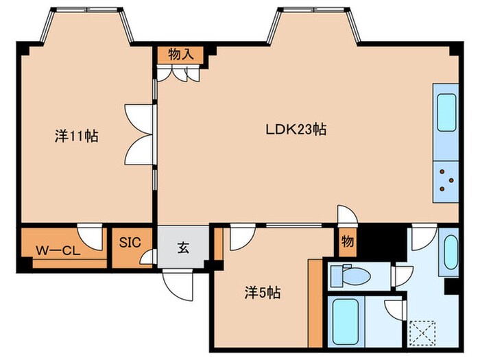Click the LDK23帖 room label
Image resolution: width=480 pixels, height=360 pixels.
[x=296, y=130]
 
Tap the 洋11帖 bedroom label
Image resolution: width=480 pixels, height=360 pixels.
[x=77, y=136]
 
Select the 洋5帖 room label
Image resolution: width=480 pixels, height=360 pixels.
[x=263, y=293]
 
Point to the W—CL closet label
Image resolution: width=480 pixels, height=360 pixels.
[x=58, y=251]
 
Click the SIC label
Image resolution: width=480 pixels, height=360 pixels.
[x=130, y=243]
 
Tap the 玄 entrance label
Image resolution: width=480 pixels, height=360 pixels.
[x=183, y=248]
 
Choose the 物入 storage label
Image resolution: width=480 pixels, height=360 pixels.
[x=181, y=55]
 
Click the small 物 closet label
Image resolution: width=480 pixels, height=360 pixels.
[x=348, y=241]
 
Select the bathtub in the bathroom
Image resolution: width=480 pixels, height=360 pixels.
[x=346, y=322]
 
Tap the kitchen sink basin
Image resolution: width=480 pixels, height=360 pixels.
[x=447, y=112]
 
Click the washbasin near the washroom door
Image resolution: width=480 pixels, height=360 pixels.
[x=451, y=252]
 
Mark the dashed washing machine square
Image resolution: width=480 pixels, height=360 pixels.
[x=422, y=332]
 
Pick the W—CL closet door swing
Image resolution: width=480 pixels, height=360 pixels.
[x=90, y=237]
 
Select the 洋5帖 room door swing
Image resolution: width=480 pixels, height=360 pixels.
[x=243, y=237]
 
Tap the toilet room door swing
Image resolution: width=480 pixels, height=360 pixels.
[x=404, y=276]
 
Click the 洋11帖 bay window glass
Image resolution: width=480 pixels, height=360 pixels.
[x=87, y=10]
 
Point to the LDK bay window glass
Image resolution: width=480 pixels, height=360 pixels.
[x=313, y=10]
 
